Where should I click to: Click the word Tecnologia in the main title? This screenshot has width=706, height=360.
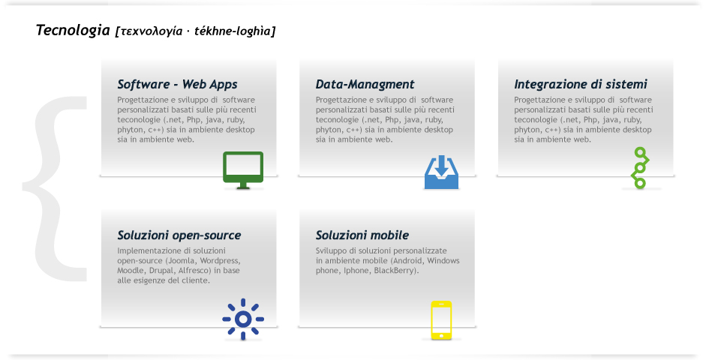[73, 30]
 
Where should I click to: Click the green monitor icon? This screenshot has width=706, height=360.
[243, 170]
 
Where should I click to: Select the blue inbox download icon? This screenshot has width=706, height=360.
[442, 172]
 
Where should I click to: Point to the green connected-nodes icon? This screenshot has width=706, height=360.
[641, 168]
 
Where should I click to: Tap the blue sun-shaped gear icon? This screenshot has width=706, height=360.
[243, 319]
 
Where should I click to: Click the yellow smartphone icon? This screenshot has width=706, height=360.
[441, 320]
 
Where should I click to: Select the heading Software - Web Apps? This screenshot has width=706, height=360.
[177, 84]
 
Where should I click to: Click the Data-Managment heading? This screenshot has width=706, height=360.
[365, 84]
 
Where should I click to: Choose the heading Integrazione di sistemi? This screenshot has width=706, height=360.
[581, 84]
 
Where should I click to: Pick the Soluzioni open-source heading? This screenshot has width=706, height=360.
[179, 235]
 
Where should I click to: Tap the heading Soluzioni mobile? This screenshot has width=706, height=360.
[362, 235]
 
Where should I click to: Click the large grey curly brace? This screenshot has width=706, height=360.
[55, 188]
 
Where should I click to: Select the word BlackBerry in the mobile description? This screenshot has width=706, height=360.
[396, 271]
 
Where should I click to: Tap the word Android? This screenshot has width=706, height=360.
[407, 260]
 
